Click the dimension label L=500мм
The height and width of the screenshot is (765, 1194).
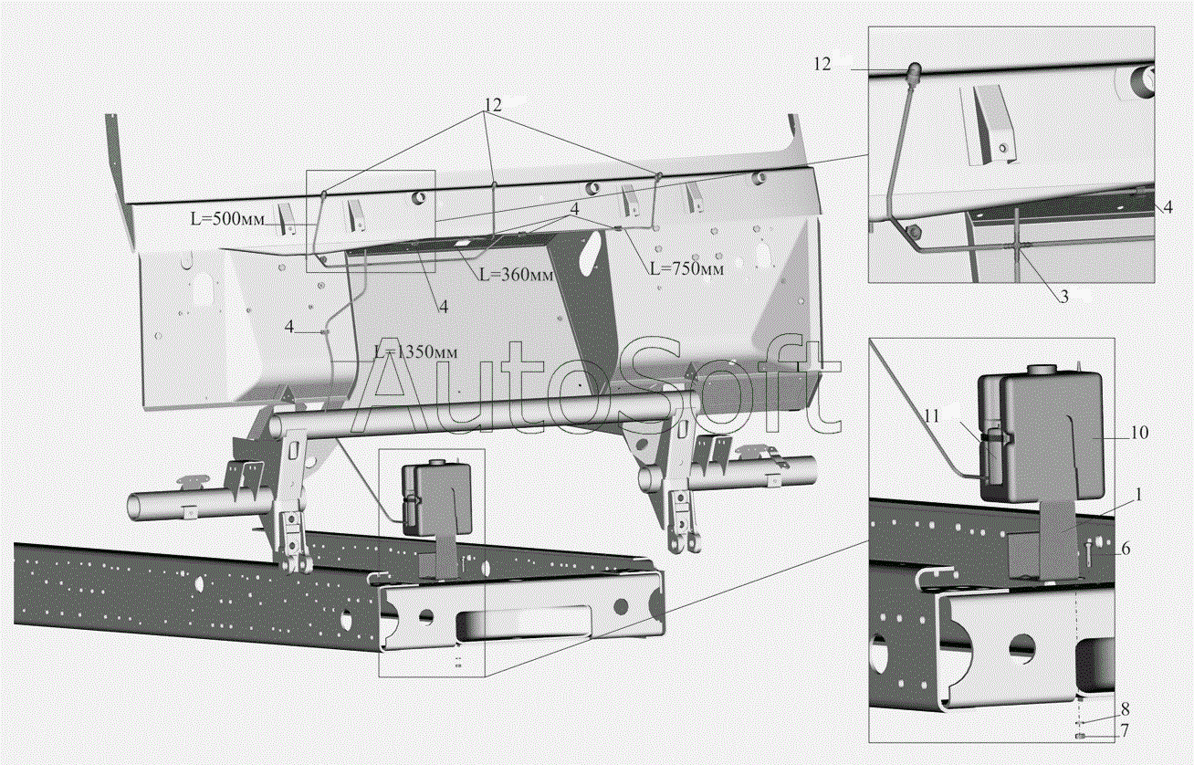(227, 219)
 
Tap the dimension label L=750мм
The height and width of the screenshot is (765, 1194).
(686, 268)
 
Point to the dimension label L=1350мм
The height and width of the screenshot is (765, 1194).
(415, 351)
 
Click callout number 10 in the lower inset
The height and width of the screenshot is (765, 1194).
(1139, 433)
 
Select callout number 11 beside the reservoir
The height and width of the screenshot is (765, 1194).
(931, 415)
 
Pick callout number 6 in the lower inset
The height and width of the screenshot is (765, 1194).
(1126, 548)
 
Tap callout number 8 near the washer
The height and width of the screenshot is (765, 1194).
(1126, 709)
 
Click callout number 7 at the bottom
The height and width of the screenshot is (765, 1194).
(1125, 731)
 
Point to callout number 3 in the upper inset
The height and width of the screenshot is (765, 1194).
(1064, 297)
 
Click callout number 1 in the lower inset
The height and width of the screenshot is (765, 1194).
(1139, 496)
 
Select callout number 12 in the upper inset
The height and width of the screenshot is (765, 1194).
(822, 64)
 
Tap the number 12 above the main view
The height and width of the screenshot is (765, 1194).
(494, 106)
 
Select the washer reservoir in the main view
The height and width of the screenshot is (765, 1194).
(437, 498)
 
